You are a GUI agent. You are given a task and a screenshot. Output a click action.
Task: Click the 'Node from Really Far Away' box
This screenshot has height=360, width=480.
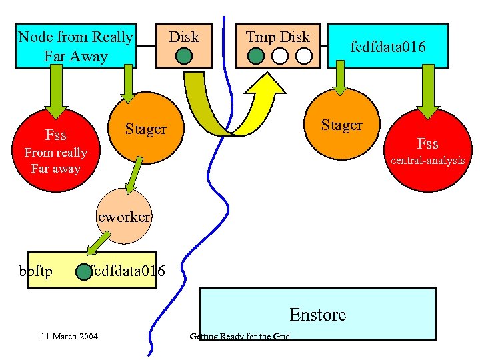76,46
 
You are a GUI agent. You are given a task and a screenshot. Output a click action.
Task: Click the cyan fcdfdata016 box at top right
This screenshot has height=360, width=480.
388,46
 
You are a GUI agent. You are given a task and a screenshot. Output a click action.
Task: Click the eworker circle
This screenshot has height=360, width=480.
124,217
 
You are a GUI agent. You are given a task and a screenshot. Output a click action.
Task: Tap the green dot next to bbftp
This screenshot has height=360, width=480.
83,272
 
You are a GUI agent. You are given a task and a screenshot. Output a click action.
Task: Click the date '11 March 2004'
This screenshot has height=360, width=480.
69,336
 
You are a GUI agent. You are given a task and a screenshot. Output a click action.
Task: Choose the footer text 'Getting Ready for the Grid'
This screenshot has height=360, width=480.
240,336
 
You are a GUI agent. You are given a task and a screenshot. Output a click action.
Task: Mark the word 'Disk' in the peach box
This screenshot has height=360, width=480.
183,37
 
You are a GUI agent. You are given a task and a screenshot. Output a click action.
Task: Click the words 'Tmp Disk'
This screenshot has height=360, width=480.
277,37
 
